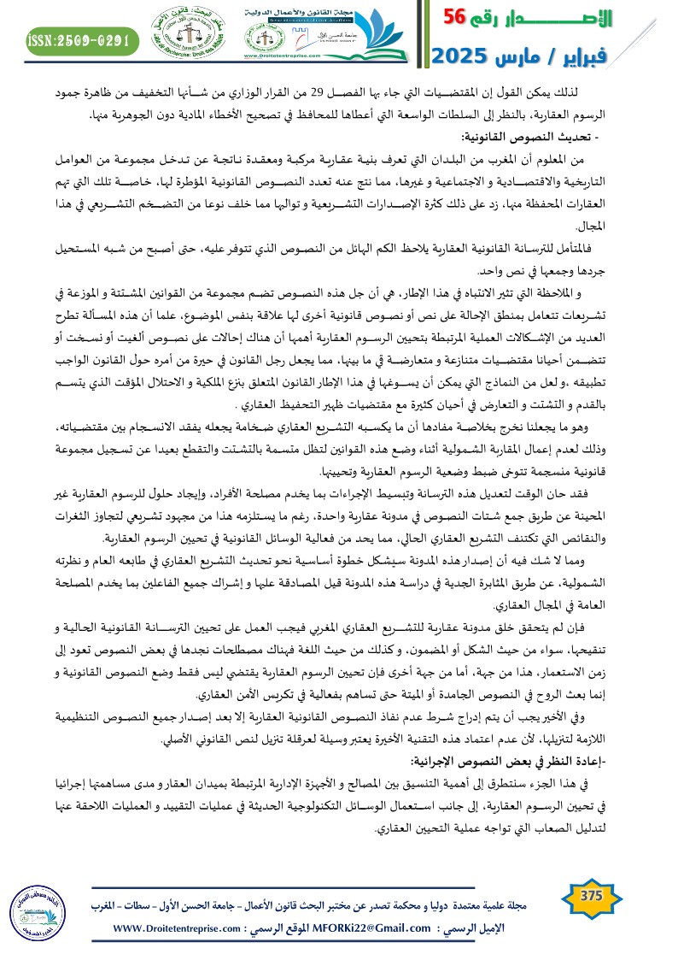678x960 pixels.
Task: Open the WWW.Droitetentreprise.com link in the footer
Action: point(174,928)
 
